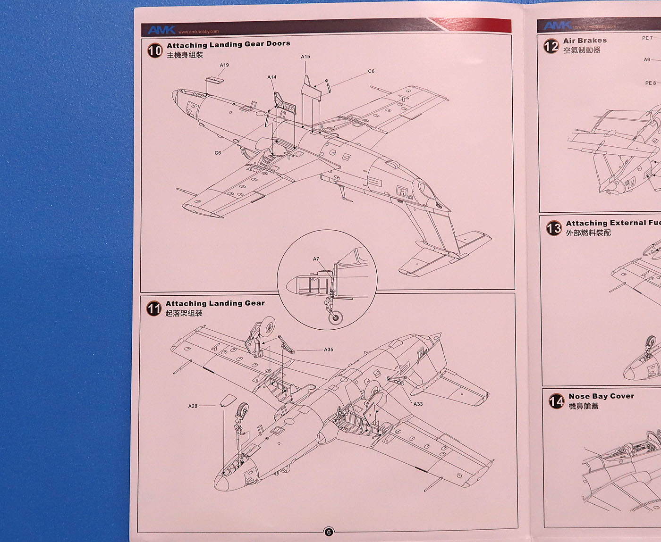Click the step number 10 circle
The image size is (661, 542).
click(155, 50)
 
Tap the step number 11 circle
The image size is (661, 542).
click(154, 309)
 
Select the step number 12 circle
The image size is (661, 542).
click(551, 46)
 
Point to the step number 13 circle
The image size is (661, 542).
click(554, 228)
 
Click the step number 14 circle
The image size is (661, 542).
click(556, 401)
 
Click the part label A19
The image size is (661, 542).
click(224, 65)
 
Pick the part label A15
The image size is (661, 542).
click(305, 57)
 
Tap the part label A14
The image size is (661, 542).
click(271, 77)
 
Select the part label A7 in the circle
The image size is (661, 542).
click(316, 259)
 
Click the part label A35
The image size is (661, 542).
click(329, 350)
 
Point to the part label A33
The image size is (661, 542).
click(418, 404)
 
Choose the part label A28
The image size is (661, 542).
click(193, 406)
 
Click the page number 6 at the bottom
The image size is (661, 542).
click(329, 532)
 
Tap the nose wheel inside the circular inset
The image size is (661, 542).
click(335, 317)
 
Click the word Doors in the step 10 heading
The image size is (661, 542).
click(278, 43)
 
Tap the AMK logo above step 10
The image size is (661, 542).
click(161, 30)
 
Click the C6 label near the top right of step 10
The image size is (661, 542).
click(371, 71)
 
